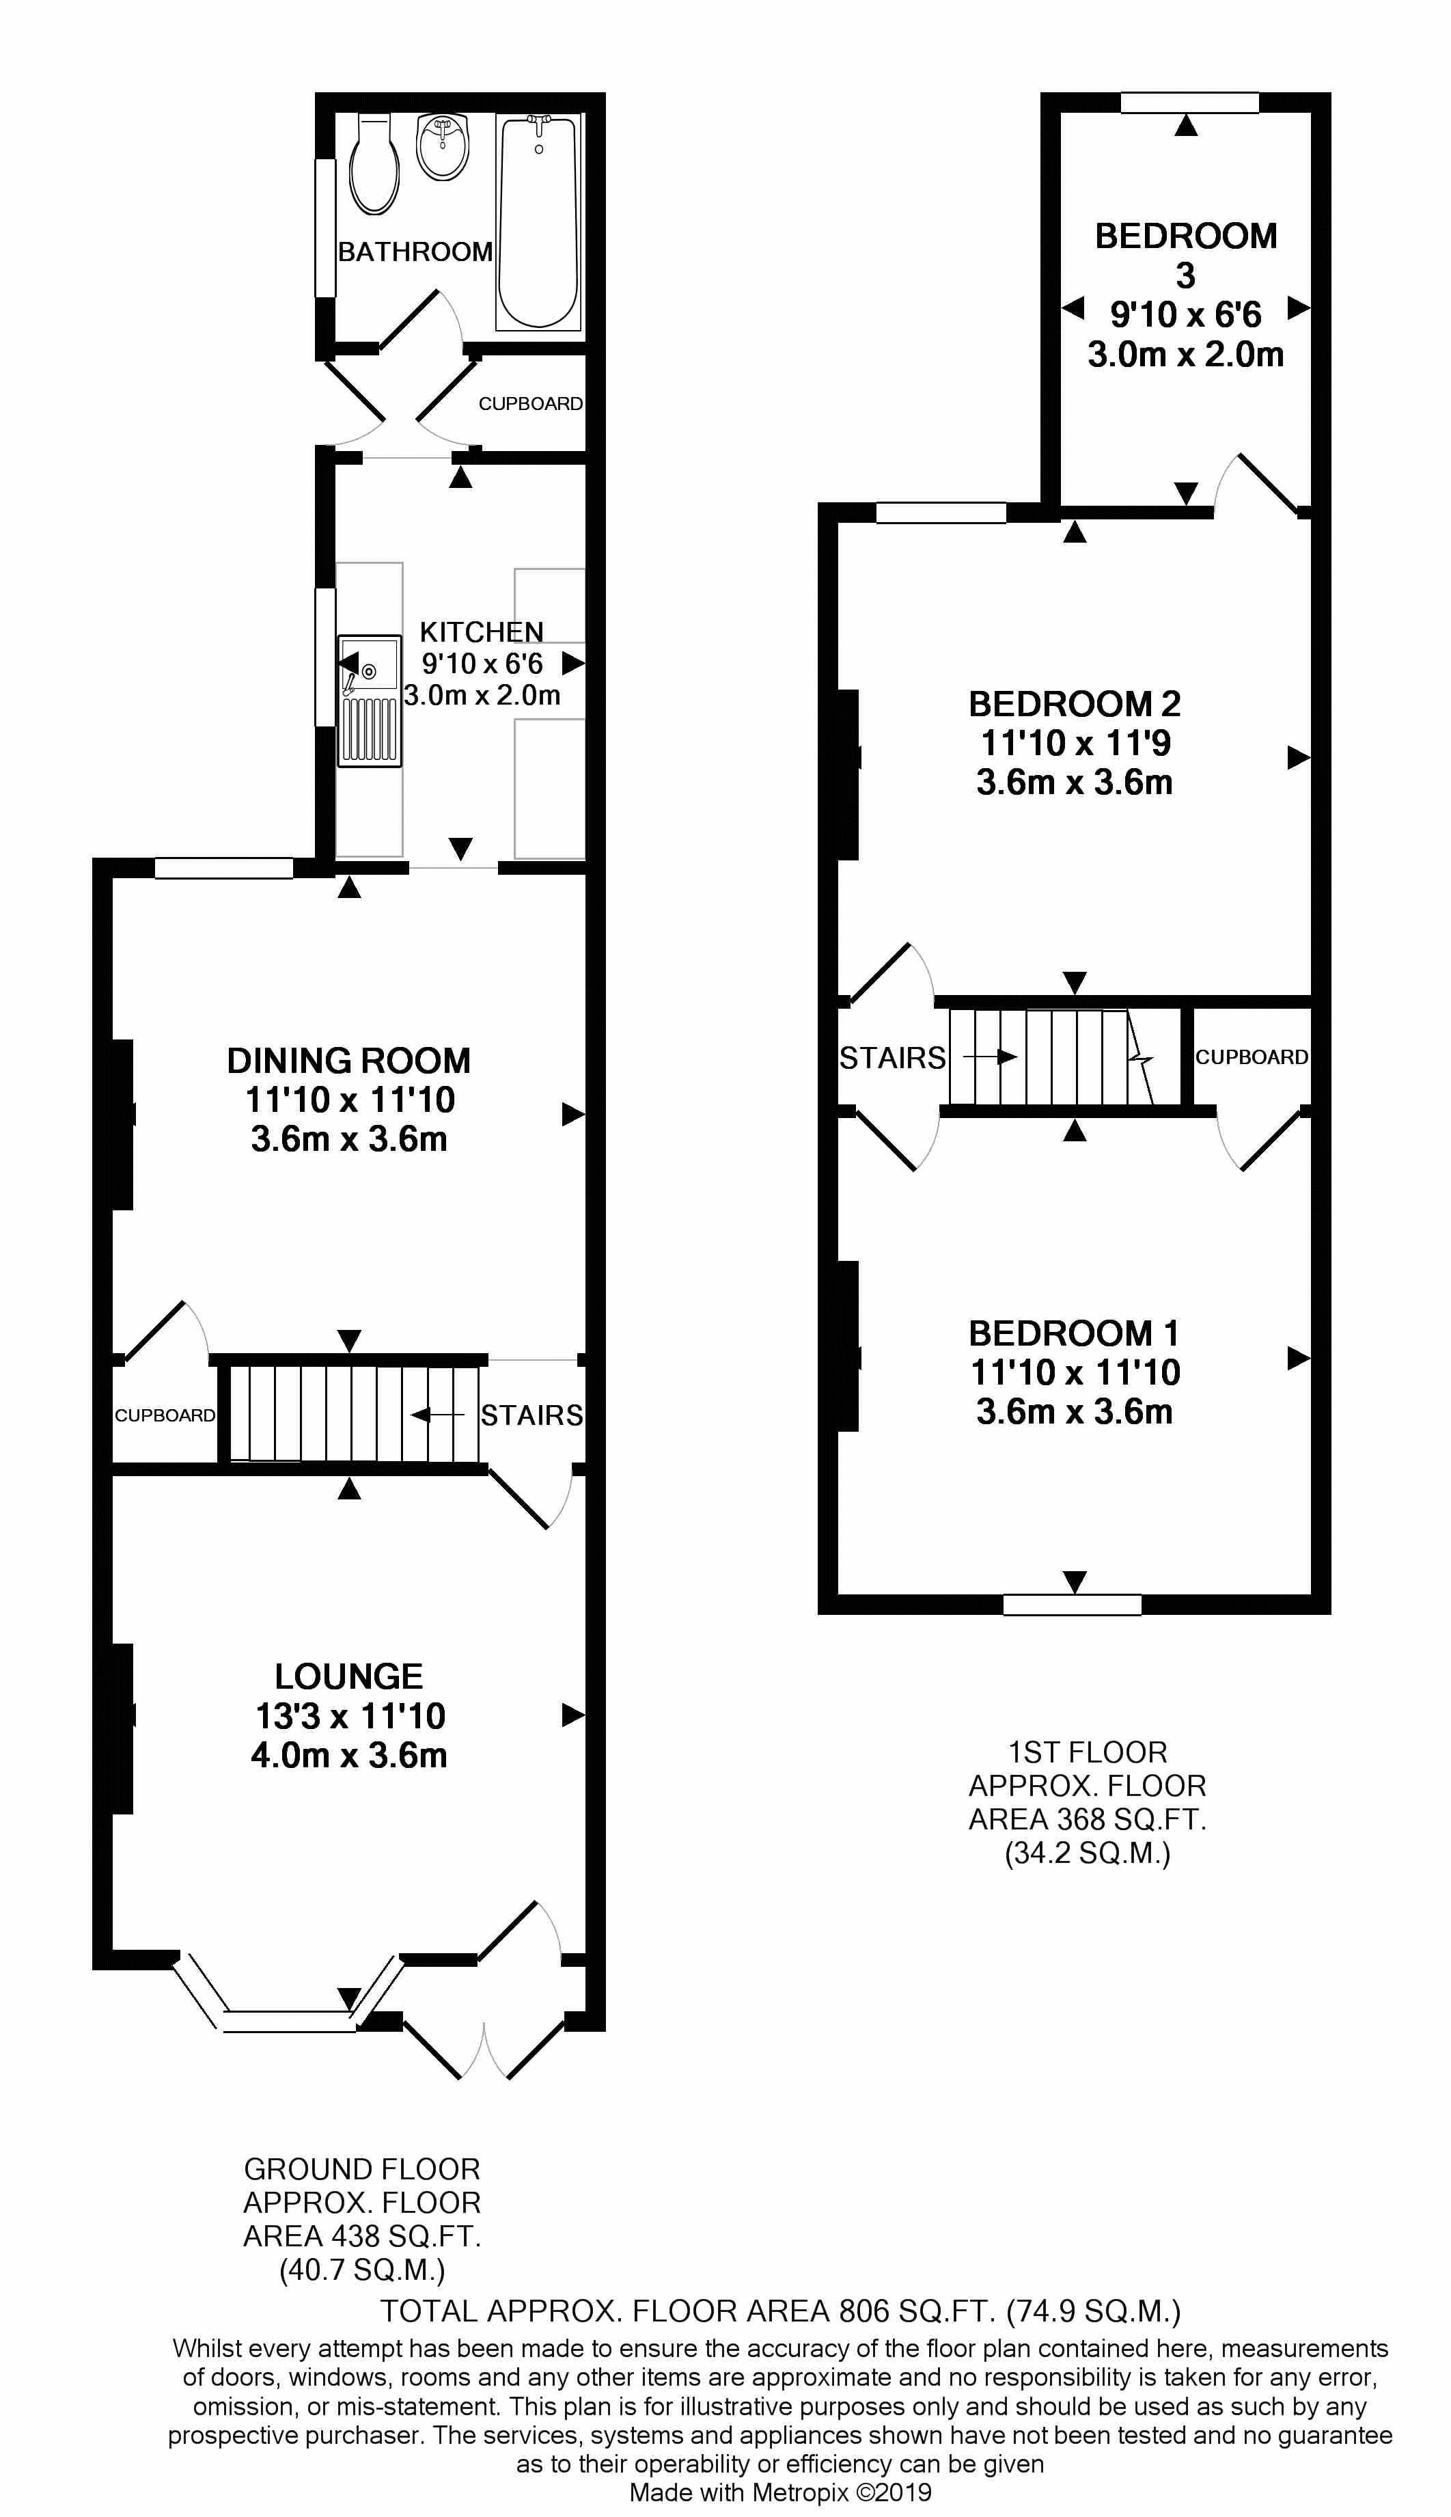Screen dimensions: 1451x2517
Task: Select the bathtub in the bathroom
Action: (538, 221)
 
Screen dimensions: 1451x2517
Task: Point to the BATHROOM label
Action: (415, 252)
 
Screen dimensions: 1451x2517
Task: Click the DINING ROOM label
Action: (349, 1061)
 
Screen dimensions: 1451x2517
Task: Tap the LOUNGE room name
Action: (349, 1676)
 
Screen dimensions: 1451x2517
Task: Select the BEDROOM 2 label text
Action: (1075, 705)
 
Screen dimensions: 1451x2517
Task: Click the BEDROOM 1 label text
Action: (1075, 1333)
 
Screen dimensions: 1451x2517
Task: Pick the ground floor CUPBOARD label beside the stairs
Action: (165, 1415)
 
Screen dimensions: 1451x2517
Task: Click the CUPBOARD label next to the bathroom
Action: (530, 404)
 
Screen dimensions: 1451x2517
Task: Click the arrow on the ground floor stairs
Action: (437, 1415)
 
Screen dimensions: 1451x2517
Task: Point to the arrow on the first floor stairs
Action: (990, 1057)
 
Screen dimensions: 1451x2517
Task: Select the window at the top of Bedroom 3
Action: (1190, 103)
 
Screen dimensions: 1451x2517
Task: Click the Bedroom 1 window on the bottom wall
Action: (1073, 1604)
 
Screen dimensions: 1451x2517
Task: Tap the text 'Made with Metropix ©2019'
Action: (780, 2493)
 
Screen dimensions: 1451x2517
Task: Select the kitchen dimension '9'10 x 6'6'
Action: (482, 663)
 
